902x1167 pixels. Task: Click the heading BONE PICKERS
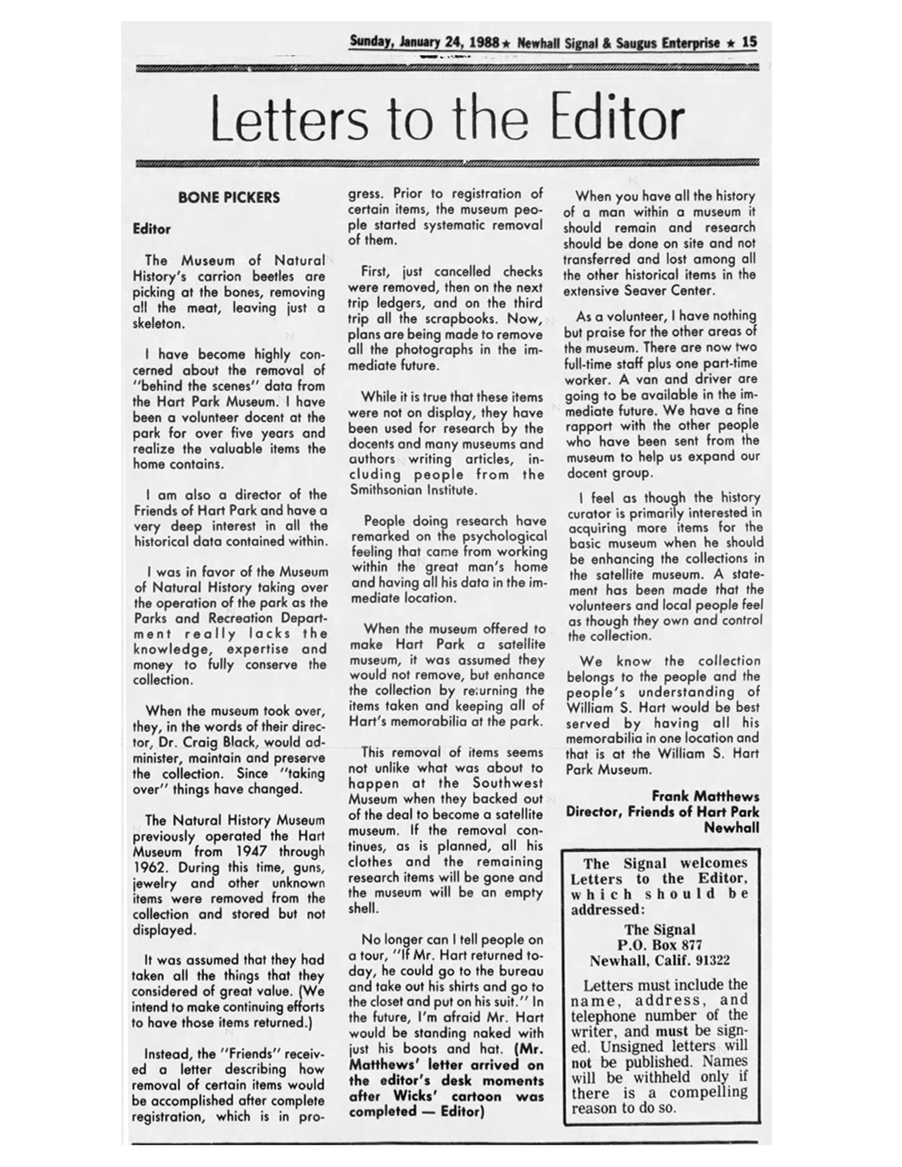coord(229,198)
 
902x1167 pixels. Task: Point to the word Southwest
coord(508,783)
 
